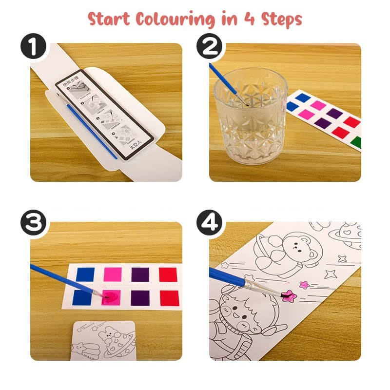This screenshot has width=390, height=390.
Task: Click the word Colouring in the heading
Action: [x=175, y=19]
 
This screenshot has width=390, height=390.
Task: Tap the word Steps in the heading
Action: [x=276, y=19]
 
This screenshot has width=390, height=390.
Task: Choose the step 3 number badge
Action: [x=33, y=225]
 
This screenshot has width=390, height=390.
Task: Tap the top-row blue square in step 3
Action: [x=85, y=274]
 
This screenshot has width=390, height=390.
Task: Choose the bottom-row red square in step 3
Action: [x=168, y=297]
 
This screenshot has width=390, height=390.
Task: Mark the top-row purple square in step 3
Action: [x=140, y=274]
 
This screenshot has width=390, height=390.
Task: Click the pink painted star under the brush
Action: [x=289, y=295]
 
